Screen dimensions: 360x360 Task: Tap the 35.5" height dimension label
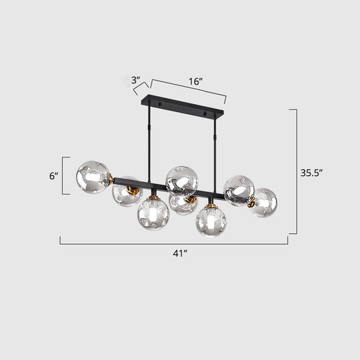click(311, 171)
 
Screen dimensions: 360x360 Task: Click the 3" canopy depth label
click(136, 80)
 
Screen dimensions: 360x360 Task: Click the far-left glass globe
click(94, 177)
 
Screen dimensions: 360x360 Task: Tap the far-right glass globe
click(264, 202)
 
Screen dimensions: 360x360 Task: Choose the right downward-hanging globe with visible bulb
click(211, 221)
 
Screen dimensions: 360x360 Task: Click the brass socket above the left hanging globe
click(153, 194)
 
